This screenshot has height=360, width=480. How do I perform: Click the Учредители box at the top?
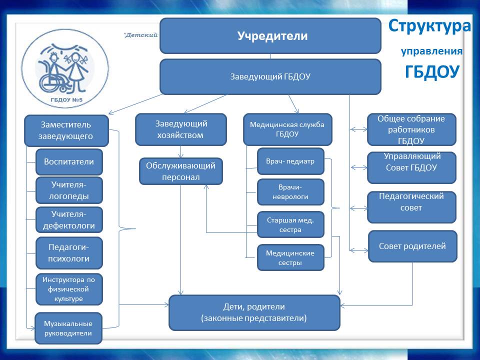point(270,36)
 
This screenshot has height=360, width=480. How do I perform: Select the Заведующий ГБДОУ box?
point(270,77)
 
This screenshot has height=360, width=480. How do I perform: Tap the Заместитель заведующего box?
point(66,129)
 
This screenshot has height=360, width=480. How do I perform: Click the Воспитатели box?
point(69,162)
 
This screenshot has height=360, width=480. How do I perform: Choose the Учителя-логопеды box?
point(69,190)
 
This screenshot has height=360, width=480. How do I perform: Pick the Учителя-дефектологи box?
point(69,220)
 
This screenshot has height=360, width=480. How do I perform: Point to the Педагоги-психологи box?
point(69,253)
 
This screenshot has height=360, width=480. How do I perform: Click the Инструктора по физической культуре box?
point(69,289)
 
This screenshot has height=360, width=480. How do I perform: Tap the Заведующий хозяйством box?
point(181,129)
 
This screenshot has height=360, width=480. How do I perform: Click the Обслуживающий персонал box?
point(180,171)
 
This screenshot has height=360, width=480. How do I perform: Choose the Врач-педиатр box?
point(290,161)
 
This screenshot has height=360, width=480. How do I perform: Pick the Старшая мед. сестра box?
point(290,224)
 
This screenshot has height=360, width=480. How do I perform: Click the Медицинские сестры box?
point(290,257)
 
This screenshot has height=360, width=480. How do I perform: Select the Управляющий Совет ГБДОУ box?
point(411,167)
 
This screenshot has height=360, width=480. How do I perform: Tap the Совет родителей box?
point(412,246)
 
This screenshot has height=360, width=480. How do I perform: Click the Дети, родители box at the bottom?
point(254,312)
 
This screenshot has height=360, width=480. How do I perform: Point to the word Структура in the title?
point(429,26)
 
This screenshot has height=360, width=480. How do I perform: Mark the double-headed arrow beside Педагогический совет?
point(358,207)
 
